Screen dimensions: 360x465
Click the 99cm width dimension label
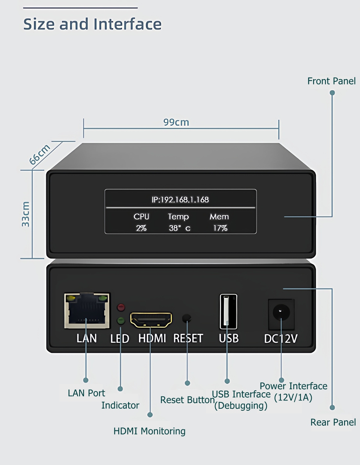click(176, 122)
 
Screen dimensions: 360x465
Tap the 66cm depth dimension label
click(40, 154)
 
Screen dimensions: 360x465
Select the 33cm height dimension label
click(25, 214)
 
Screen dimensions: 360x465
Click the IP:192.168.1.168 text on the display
click(180, 199)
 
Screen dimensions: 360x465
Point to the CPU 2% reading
click(141, 222)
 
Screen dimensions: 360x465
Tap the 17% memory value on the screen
click(220, 228)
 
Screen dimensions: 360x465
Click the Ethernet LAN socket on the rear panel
click(87, 310)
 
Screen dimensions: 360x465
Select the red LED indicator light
click(121, 307)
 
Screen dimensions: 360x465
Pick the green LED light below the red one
click(121, 321)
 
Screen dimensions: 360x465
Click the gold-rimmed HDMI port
click(151, 320)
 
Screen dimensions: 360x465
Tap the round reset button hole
click(186, 318)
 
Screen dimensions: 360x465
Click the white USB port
click(228, 312)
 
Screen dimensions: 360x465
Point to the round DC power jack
click(281, 312)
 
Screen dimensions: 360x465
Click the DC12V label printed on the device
click(280, 339)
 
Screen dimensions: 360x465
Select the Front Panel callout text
click(331, 81)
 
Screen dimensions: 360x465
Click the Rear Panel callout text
click(333, 422)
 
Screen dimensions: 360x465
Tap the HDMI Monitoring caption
click(150, 431)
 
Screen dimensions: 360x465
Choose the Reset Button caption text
click(187, 400)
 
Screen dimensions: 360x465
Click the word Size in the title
click(39, 24)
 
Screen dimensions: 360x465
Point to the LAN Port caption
click(86, 393)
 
